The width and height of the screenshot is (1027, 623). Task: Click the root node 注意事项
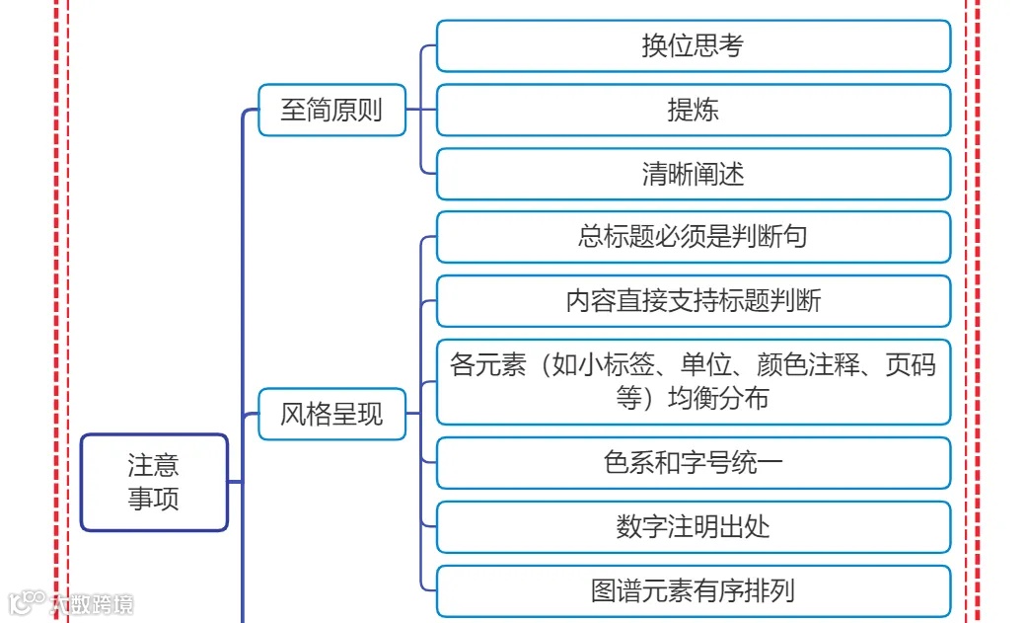tap(154, 482)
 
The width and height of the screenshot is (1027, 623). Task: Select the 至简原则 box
tap(331, 110)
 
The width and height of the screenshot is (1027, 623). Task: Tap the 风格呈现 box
tap(331, 414)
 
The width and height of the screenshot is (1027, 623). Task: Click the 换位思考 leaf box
tap(693, 46)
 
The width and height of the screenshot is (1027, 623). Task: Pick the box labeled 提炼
tap(693, 110)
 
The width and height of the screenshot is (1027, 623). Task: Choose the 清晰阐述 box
tap(693, 174)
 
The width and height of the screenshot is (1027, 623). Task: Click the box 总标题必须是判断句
tap(693, 237)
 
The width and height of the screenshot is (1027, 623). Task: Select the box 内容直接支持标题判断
tap(693, 301)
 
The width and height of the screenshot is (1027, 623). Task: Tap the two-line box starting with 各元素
tap(693, 381)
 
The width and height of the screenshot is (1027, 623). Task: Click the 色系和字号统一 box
tap(693, 462)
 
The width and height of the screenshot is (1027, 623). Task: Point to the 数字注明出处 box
tap(693, 526)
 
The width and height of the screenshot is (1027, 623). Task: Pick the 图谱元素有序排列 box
tap(693, 590)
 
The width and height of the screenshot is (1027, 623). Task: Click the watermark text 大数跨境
tap(92, 603)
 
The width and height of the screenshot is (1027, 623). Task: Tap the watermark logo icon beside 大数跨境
tap(27, 601)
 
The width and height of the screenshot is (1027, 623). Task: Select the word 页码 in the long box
tap(911, 365)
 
